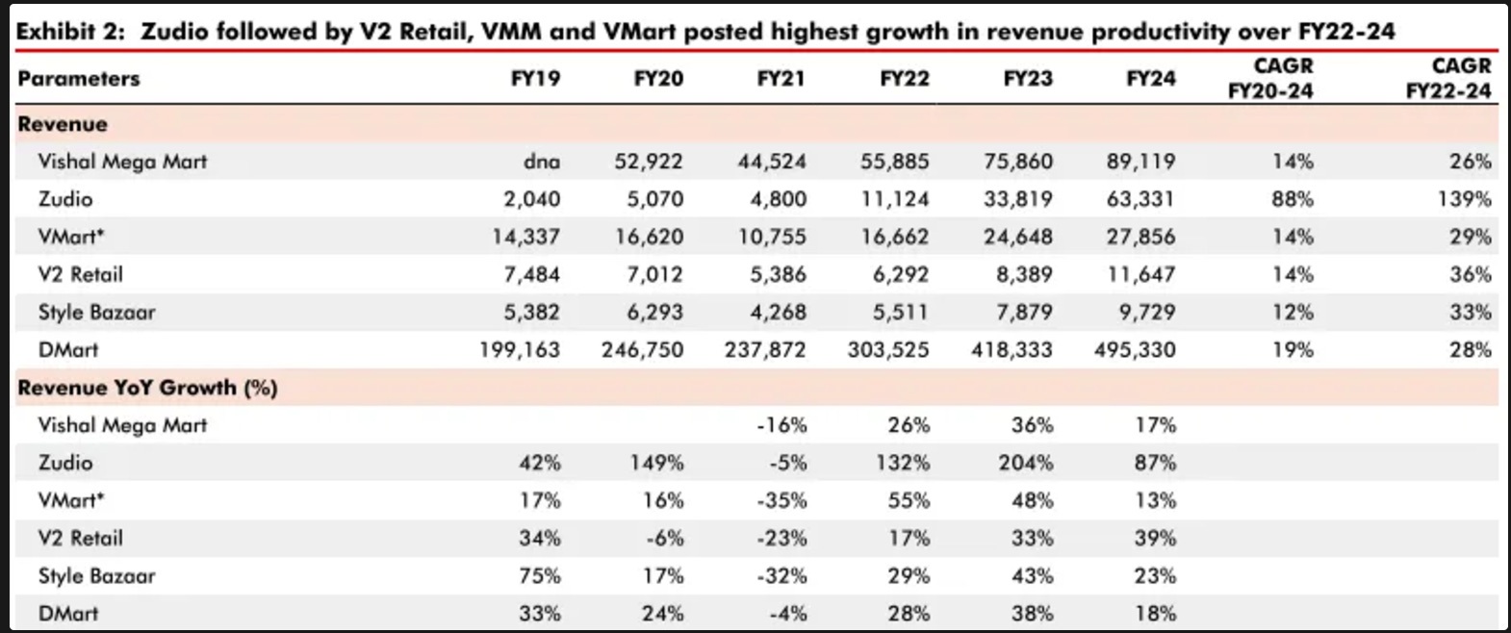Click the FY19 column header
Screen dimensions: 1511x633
pyautogui.click(x=535, y=79)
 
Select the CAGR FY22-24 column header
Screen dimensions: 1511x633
pyautogui.click(x=1448, y=78)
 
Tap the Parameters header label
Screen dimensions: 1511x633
pyautogui.click(x=78, y=79)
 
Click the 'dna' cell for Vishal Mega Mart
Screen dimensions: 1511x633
pyautogui.click(x=542, y=162)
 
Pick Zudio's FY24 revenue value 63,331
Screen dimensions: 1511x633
pyautogui.click(x=1140, y=199)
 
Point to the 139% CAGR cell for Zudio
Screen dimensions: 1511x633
pyautogui.click(x=1464, y=199)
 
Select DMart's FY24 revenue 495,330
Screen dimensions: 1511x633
pyautogui.click(x=1135, y=350)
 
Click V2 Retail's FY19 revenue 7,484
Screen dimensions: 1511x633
pyautogui.click(x=531, y=275)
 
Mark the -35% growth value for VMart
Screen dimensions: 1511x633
pyautogui.click(x=781, y=501)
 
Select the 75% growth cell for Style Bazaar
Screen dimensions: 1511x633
pyautogui.click(x=540, y=576)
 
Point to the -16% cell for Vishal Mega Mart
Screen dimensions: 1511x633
pyautogui.click(x=781, y=425)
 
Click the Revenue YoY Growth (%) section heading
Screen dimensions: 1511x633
pyautogui.click(x=147, y=388)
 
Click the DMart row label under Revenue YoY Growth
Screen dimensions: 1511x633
pyautogui.click(x=68, y=614)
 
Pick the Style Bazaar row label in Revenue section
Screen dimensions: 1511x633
pyautogui.click(x=96, y=313)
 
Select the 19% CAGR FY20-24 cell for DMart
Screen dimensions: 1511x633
pyautogui.click(x=1293, y=350)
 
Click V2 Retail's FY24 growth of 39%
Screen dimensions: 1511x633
pyautogui.click(x=1156, y=539)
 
